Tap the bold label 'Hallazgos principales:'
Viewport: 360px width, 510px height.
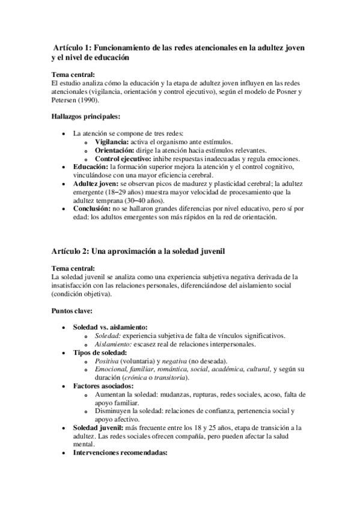pyautogui.click(x=85, y=116)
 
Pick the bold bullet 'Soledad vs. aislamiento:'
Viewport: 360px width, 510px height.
pyautogui.click(x=114, y=327)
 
